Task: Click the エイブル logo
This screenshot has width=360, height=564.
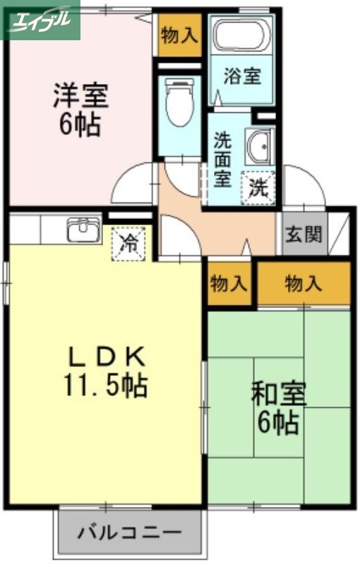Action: pyautogui.click(x=40, y=19)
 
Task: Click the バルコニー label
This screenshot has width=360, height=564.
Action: pyautogui.click(x=129, y=531)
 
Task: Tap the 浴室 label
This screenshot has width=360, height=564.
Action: pyautogui.click(x=243, y=76)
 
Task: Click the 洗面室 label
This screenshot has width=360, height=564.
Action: pyautogui.click(x=222, y=158)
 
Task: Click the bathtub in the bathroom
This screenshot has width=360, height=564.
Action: pyautogui.click(x=242, y=35)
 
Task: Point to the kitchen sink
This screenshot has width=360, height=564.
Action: pyautogui.click(x=83, y=229)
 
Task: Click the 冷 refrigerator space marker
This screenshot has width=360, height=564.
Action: pyautogui.click(x=129, y=244)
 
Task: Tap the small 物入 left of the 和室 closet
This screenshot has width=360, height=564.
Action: pyautogui.click(x=229, y=284)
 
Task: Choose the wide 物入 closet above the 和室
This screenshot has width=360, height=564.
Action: pyautogui.click(x=304, y=284)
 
